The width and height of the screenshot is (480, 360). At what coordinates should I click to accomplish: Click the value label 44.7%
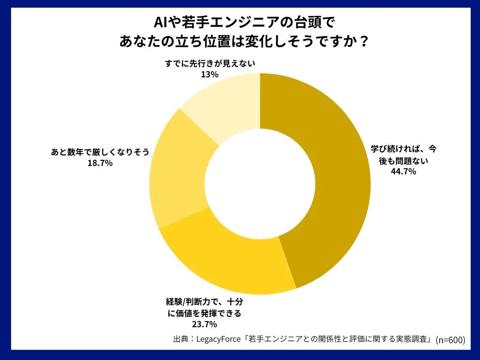tap(404, 172)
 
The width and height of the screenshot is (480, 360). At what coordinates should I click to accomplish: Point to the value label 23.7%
tap(204, 324)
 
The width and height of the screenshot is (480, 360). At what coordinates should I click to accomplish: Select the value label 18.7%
tap(100, 163)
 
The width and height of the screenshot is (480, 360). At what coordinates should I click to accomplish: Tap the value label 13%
tap(210, 75)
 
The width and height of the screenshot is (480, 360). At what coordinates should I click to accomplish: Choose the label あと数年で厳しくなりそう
tap(100, 152)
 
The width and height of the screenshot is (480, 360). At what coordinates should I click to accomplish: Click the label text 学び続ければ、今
tap(404, 149)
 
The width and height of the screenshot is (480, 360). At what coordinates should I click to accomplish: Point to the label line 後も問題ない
tap(404, 160)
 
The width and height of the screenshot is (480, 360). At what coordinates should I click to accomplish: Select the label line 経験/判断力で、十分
tap(204, 301)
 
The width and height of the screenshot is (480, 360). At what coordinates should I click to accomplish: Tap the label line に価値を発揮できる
tap(204, 313)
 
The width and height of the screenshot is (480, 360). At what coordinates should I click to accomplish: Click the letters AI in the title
tap(159, 22)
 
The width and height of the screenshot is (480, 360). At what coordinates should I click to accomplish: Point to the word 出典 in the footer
tap(180, 339)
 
